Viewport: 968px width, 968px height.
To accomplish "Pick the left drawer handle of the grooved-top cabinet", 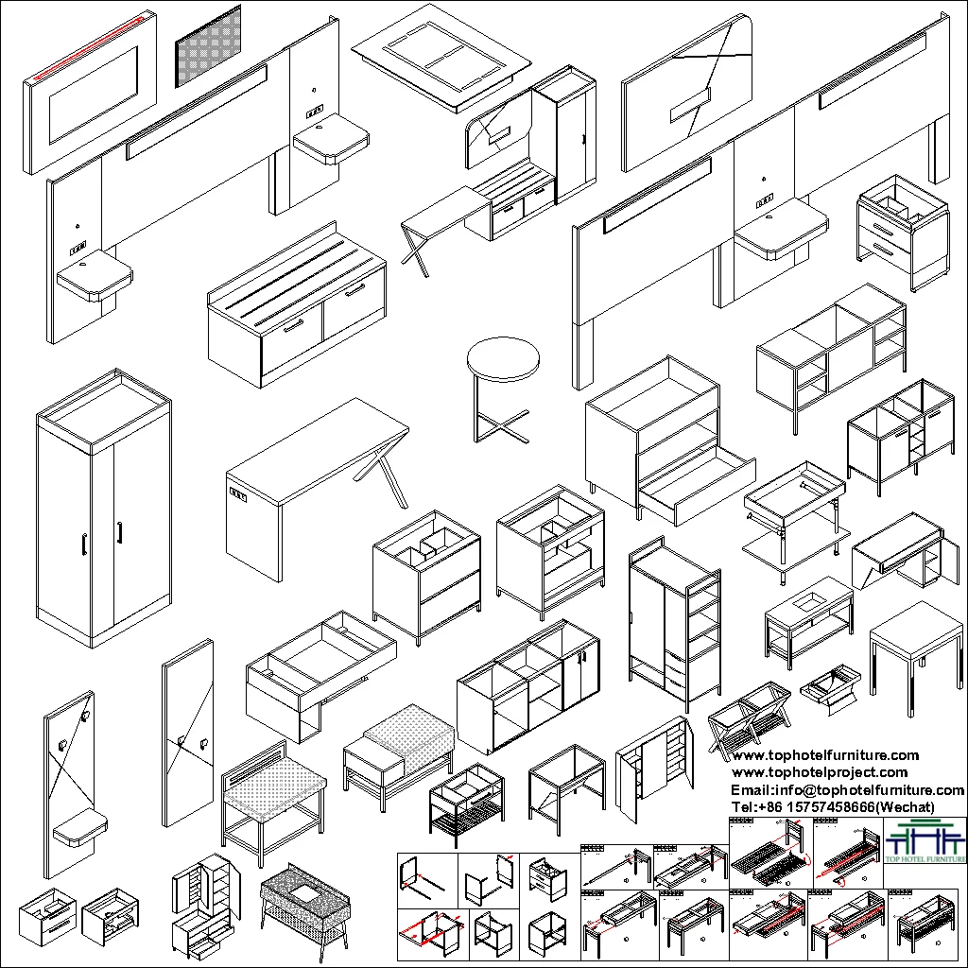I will click(x=293, y=325).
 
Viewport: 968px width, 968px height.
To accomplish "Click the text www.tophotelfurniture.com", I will click(x=825, y=755).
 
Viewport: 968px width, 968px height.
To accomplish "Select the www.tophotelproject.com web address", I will click(x=820, y=772).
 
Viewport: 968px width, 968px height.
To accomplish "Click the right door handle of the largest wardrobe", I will click(x=120, y=533).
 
